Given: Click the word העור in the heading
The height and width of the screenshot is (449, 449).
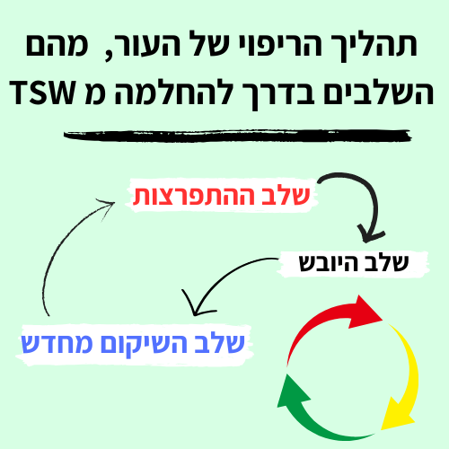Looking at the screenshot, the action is tap(145, 45).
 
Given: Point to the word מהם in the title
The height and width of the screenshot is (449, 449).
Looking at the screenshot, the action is tap(57, 45).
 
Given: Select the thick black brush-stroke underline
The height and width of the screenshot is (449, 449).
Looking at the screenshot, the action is tap(237, 136).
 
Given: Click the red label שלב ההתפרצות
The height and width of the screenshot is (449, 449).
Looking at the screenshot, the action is tap(221, 196).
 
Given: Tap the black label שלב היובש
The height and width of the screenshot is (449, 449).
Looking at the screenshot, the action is tap(354, 263).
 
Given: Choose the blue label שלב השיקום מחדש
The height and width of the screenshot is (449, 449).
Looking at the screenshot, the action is tap(133, 343).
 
